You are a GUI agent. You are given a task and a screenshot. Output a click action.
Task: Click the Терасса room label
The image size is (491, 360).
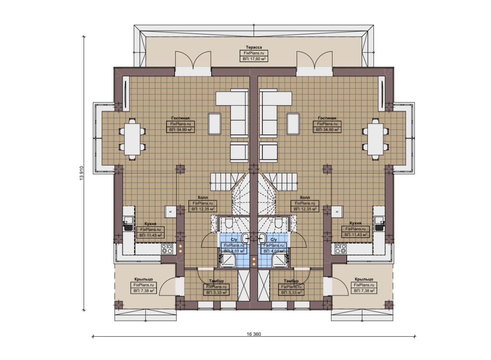point(254,47)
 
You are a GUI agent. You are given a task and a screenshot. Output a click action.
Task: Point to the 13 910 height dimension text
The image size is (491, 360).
point(82,173)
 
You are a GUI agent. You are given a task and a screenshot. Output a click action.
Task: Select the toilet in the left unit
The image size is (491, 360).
point(229,223)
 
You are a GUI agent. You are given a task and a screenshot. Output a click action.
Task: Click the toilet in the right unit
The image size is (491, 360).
point(278,223)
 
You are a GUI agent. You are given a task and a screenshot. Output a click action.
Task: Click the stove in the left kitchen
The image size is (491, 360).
point(167,249)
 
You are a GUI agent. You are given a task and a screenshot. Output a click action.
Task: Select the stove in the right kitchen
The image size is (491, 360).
point(340,249)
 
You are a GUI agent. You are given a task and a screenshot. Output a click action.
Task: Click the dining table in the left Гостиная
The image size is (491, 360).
point(132,139)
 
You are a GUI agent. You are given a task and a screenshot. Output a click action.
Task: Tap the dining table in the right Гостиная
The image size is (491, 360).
point(375,139)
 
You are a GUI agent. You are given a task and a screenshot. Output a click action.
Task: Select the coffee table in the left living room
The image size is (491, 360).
point(214,123)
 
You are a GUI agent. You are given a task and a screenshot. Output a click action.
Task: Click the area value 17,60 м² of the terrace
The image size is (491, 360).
point(254,59)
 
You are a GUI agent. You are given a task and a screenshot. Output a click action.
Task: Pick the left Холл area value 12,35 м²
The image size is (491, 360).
point(203,209)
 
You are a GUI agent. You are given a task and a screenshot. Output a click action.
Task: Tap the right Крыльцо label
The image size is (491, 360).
point(364,279)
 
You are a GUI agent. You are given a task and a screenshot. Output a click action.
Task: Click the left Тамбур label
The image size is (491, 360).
point(216,281)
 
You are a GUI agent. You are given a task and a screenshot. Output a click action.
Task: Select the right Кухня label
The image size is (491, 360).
point(356,223)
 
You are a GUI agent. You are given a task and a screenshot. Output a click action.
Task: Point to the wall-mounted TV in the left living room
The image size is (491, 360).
point(126,94)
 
